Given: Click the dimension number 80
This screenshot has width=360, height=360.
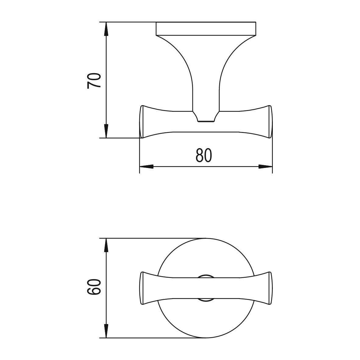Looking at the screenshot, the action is (204, 155).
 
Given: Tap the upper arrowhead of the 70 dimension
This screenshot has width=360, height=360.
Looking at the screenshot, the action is (106, 29).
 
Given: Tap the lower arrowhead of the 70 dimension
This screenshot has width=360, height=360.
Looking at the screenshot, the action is (106, 131).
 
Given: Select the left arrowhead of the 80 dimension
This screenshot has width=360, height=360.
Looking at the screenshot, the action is (147, 167).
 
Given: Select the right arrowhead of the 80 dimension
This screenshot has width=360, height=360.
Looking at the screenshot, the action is (266, 167).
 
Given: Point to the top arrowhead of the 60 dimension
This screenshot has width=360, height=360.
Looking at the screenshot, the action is (106, 245).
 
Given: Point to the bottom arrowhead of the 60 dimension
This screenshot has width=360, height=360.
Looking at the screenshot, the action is (106, 331).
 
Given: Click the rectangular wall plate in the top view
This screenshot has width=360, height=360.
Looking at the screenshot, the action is (206, 29).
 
